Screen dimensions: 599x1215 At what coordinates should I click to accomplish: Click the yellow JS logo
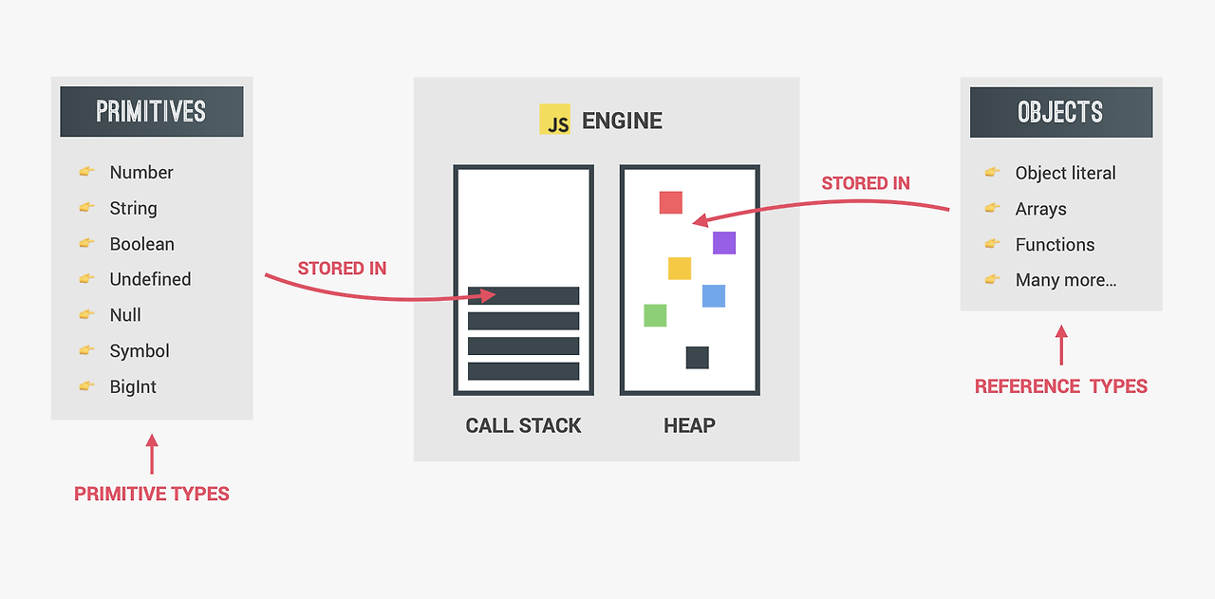[554, 120]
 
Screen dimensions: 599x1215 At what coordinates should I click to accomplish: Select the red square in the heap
[671, 202]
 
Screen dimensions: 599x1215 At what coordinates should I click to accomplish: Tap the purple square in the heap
[724, 243]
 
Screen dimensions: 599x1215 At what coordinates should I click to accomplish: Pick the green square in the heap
[655, 315]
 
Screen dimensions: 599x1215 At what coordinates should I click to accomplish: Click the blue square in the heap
[714, 296]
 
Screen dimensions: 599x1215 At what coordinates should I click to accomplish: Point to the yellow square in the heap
[680, 269]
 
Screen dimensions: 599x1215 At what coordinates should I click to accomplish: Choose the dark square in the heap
[698, 358]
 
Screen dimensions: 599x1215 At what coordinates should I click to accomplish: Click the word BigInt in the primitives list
[133, 386]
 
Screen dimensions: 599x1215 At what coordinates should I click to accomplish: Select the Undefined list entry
[150, 279]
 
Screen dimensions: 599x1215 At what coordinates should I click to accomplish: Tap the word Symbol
[140, 350]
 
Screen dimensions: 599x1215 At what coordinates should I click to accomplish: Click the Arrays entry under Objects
[1040, 209]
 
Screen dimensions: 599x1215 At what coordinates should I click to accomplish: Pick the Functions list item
[1055, 245]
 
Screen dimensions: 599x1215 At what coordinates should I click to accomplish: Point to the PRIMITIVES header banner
[152, 112]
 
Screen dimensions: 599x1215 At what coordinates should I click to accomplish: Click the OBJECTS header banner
[1060, 112]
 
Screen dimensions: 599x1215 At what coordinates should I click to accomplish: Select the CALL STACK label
[523, 425]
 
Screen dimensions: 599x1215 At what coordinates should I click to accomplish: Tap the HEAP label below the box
[689, 425]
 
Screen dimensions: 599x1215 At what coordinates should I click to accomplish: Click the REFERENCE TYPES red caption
[1061, 386]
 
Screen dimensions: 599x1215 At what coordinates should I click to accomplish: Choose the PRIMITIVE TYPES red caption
[152, 494]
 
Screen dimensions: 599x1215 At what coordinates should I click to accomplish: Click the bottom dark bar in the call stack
[523, 371]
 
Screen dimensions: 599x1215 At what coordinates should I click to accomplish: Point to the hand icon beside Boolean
[87, 243]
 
